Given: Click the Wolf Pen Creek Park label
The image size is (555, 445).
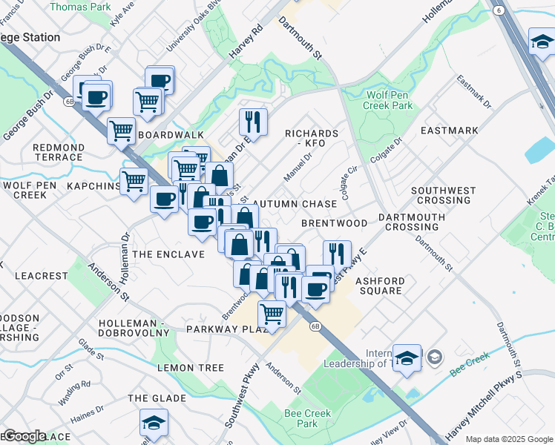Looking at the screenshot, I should (x=388, y=100).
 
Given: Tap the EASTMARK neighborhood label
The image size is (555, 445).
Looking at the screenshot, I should (x=449, y=131).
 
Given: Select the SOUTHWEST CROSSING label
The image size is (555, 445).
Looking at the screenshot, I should (x=444, y=196).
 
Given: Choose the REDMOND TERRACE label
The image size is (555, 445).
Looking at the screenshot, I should (x=58, y=153).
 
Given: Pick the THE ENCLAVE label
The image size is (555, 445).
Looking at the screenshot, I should (x=169, y=254).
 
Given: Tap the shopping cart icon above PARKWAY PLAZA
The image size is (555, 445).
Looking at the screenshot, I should (x=272, y=314).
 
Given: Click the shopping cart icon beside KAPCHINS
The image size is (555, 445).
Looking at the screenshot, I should (x=134, y=180).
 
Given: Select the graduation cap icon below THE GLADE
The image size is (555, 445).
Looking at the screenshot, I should (x=154, y=423).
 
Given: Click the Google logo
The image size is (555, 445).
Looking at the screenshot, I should (x=24, y=436).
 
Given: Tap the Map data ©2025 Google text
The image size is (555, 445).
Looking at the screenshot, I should (x=509, y=439).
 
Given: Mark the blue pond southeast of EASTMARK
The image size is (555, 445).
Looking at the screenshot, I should (x=539, y=151).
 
